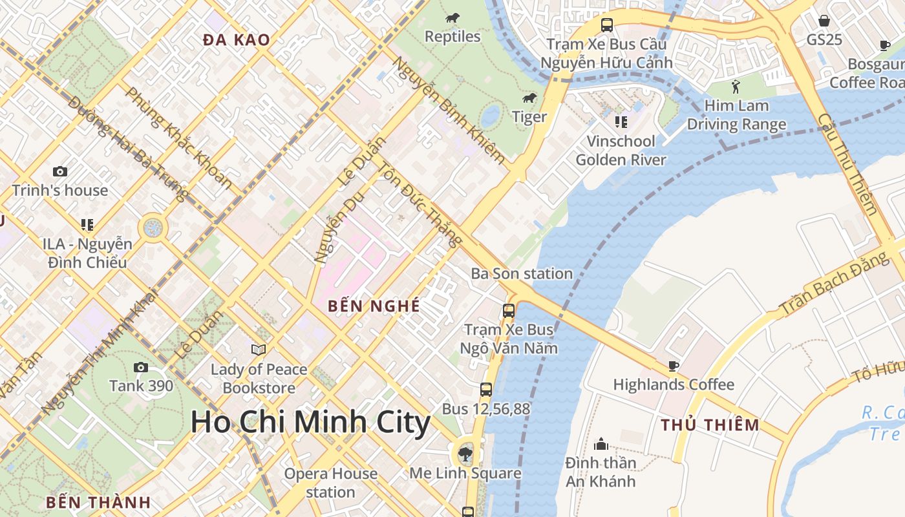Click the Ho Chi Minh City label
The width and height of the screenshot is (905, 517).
coord(310,423)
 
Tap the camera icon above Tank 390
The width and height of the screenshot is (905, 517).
coord(140,368)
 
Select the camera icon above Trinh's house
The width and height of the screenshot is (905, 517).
coord(60,171)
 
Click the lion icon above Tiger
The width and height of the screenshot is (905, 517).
coord(529,98)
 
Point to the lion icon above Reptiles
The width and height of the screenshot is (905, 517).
coord(452,18)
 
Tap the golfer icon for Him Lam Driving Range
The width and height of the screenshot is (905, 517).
coord(736,87)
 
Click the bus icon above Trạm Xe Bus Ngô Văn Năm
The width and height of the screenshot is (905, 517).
coord(509,311)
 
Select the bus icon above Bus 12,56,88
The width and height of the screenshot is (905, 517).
coord(486,390)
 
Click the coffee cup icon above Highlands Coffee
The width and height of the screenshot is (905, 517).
coord(674,366)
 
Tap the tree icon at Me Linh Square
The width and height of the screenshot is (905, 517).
coord(465,454)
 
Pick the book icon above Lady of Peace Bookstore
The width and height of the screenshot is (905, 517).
coord(259,350)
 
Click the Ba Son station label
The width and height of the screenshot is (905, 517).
coord(522,273)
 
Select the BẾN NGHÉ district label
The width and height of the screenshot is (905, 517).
coord(374,306)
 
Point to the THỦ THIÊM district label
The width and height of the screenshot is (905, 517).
coord(710,425)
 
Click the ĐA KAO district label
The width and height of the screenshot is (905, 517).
coord(237,40)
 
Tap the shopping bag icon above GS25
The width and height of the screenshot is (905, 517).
coord(824,21)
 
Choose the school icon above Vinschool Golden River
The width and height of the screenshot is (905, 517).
coord(621,122)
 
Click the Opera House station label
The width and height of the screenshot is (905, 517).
coord(331,483)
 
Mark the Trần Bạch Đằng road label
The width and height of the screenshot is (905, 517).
coord(834,285)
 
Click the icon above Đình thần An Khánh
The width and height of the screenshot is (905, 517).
coord(601,444)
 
